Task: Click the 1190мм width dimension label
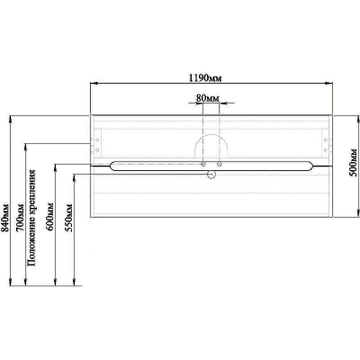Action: coord(205,78)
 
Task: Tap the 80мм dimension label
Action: coord(208,98)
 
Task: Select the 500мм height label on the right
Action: coord(354,166)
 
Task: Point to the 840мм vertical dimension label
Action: coord(5,218)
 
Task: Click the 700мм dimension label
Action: coord(21,218)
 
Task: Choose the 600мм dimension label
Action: coord(50,217)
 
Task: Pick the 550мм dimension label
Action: coord(68,218)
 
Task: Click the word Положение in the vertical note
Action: coord(31,247)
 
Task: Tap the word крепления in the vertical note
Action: coord(32,197)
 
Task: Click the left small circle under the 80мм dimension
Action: coord(203,164)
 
